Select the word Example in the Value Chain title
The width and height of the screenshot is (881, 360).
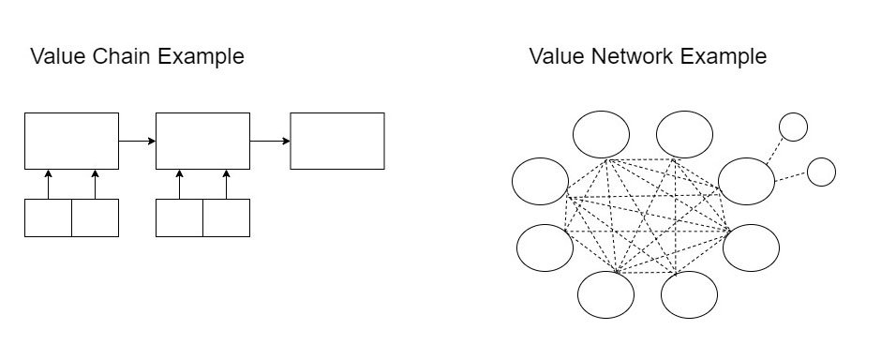pos(201,57)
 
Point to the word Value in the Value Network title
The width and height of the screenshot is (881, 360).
pos(559,57)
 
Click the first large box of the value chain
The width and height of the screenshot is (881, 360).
pos(71,141)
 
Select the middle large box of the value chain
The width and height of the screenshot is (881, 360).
pos(202,141)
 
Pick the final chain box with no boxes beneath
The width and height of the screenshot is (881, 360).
pos(337,141)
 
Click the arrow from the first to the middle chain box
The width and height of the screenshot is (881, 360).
pos(137,142)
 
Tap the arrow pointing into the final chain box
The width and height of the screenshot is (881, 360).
pos(270,142)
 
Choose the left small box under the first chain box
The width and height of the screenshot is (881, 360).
pos(48,217)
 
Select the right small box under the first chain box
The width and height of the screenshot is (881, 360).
pos(95,217)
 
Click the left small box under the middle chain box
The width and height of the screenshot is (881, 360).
pos(179,217)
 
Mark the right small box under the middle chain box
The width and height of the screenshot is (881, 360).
pos(226,217)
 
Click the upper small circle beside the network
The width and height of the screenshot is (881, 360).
pos(793,127)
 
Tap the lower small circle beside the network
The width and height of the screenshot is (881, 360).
pos(821,172)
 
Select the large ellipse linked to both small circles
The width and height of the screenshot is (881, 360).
pos(747,181)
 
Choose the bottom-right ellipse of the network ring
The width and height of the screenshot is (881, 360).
pos(689,295)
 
